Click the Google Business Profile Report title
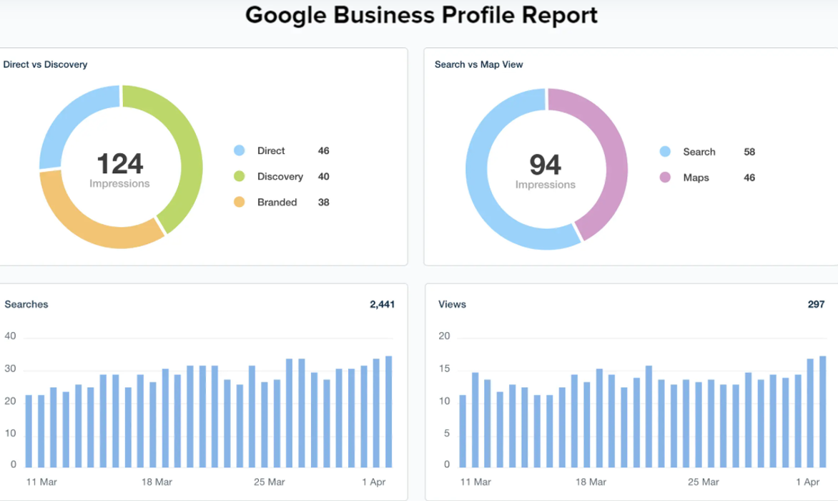click(x=421, y=15)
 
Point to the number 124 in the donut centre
click(x=119, y=164)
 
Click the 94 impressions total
click(x=545, y=165)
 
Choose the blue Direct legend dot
click(x=240, y=151)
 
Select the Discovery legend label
click(x=280, y=177)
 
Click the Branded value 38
click(x=323, y=203)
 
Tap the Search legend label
click(x=699, y=152)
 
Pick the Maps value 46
click(x=749, y=177)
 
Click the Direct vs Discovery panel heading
click(x=45, y=64)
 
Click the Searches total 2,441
click(x=382, y=304)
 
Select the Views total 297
click(x=816, y=304)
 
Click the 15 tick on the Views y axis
click(x=444, y=369)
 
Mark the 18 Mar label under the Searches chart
click(x=157, y=482)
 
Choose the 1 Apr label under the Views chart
click(x=807, y=482)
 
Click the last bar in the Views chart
click(x=823, y=411)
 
